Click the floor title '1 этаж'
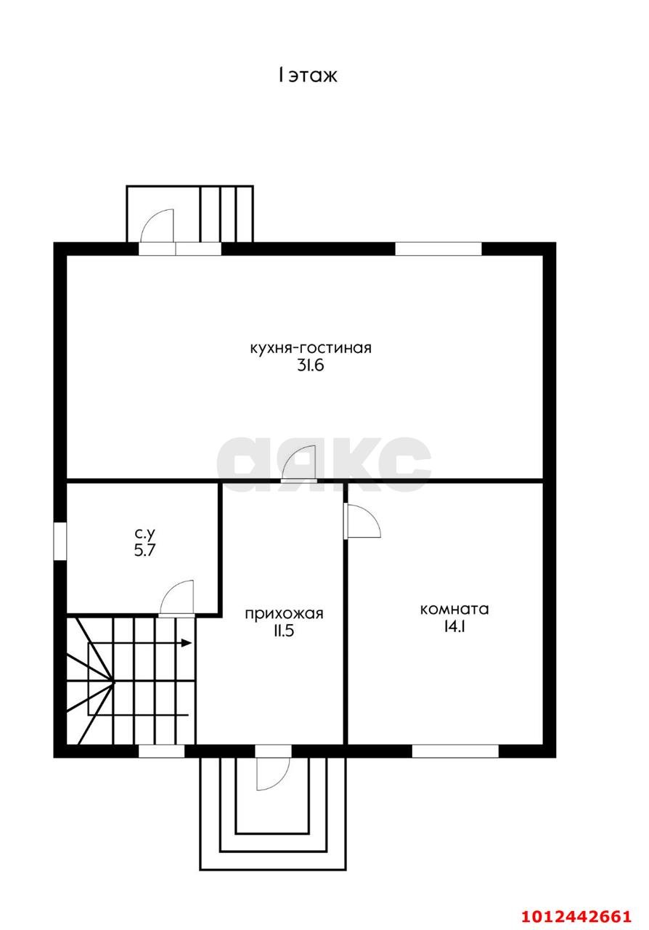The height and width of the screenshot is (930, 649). [x=308, y=76]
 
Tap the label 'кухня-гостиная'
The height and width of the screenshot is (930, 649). [x=311, y=347]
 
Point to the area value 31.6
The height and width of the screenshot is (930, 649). [x=311, y=365]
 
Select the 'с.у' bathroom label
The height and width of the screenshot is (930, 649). [x=144, y=533]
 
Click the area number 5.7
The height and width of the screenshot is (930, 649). [x=144, y=550]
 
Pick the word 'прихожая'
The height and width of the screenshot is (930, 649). [x=284, y=613]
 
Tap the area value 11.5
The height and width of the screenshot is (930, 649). [x=284, y=631]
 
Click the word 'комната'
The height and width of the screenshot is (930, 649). [x=454, y=609]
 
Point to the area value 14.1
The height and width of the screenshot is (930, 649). [x=454, y=626]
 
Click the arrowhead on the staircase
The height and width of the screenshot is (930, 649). [x=187, y=643]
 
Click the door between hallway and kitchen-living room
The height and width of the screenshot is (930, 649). [x=299, y=464]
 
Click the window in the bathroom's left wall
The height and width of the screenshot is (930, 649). [x=60, y=541]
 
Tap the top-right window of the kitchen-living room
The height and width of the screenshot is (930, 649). [x=438, y=248]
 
